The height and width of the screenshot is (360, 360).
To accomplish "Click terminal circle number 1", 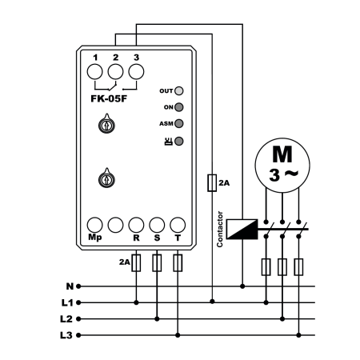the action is tap(95, 72).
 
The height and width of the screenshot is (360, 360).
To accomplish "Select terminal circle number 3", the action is tap(136, 72).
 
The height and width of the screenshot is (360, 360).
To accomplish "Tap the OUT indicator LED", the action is tap(179, 91).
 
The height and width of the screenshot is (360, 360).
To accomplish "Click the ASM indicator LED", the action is tap(179, 123).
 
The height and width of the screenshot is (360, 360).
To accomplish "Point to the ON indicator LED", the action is tap(179, 107).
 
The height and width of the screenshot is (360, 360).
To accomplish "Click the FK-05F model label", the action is tap(109, 98).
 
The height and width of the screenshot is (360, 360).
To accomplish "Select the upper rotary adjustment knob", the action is tap(106, 124).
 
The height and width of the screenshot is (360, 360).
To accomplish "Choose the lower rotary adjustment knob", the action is tap(106, 178).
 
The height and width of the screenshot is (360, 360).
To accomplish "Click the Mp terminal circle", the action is tap(95, 225).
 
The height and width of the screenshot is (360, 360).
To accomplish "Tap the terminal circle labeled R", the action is tap(136, 225).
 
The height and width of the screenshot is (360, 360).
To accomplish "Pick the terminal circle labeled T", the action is tap(178, 225).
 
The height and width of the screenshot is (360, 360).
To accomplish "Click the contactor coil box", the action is tap(242, 229).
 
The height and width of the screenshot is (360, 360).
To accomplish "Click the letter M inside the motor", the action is tap(282, 154).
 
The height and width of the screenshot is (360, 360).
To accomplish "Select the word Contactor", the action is tap(220, 230).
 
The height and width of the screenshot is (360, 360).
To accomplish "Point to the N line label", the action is tap(70, 286).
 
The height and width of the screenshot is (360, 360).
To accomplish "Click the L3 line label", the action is tap(66, 335).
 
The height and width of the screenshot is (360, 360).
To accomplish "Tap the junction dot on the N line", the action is tap(242, 286).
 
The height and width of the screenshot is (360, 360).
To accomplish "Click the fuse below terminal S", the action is tap(157, 263).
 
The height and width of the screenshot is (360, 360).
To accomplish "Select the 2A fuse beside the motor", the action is tap(212, 183).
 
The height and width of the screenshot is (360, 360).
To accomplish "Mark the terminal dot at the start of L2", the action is tap(78, 319).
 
